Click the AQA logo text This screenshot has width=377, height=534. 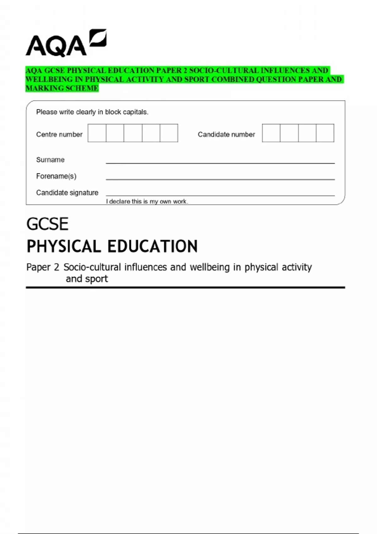56,46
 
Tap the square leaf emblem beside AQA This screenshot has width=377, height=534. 98,38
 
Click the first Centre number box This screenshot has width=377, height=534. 97,133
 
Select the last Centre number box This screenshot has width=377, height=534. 169,133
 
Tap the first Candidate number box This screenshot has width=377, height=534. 271,133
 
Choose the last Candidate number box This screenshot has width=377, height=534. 325,133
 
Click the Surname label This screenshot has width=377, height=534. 50,160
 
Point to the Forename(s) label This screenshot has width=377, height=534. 56,176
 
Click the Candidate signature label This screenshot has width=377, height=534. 67,193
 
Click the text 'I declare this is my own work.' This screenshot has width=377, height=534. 147,201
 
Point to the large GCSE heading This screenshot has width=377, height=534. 47,224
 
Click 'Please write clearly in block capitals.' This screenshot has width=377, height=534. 92,112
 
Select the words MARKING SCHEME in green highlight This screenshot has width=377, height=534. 62,88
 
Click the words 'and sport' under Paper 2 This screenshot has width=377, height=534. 87,279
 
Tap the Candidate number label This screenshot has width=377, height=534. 226,134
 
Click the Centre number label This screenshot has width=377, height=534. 59,134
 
